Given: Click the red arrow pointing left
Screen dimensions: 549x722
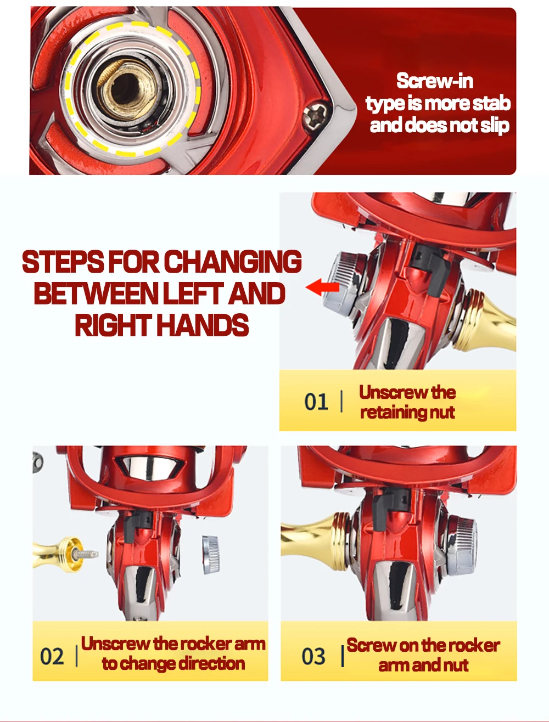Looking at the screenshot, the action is point(323,287).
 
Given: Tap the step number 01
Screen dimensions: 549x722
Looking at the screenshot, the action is point(316,401).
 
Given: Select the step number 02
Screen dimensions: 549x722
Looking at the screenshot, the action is point(52,656).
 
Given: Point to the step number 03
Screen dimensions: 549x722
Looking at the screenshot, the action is point(313,656).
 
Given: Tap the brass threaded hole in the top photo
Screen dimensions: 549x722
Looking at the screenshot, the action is point(127,88).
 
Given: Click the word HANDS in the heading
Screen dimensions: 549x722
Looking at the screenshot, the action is point(202,325).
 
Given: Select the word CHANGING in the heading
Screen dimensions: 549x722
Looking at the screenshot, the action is point(232,262).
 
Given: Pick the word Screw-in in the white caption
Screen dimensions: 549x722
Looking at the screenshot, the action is point(434,81).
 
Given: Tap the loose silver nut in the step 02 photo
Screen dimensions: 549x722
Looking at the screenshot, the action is point(211,554).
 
